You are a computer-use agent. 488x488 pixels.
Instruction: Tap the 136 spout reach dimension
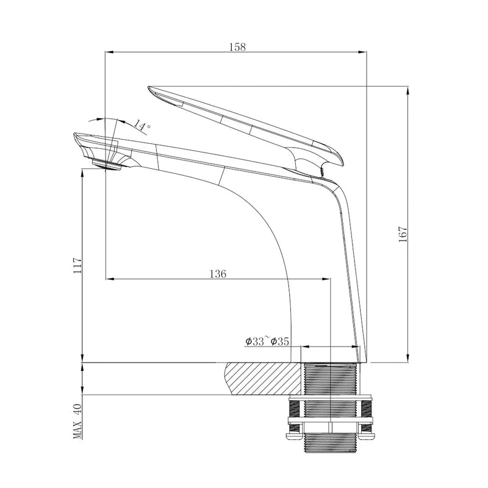(x=217, y=274)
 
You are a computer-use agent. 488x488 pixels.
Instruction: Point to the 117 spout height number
(x=77, y=266)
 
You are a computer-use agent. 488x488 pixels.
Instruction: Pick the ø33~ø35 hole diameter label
(x=267, y=342)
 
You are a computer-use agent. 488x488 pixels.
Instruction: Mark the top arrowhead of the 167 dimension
(x=407, y=90)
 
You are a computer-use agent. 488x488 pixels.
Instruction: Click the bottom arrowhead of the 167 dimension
(x=407, y=358)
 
